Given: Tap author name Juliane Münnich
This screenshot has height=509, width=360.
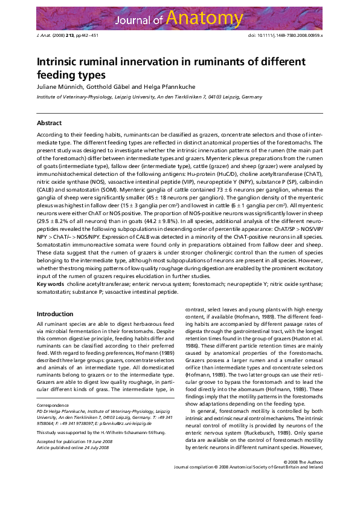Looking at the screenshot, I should [59, 88].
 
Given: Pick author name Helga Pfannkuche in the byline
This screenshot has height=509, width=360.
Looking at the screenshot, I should [152, 88].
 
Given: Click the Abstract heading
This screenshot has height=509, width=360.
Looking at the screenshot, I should [50, 123].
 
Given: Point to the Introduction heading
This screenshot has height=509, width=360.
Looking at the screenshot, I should [55, 314].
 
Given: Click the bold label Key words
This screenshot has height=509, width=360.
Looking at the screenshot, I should [50, 284].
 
